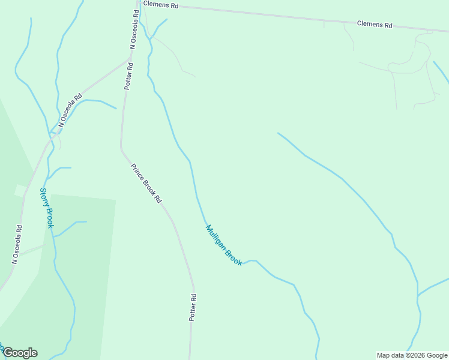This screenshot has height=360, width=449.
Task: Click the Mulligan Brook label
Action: (x=223, y=245)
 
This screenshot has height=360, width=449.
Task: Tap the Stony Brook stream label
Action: (x=47, y=208)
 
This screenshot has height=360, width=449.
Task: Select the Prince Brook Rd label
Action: (x=147, y=182)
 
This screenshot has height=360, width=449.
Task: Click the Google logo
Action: (x=19, y=353)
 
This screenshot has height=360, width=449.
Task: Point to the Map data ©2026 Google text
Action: (x=412, y=355)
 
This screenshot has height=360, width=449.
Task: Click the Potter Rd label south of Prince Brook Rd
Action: (x=193, y=308)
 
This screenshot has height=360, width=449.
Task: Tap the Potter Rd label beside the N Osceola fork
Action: (x=128, y=76)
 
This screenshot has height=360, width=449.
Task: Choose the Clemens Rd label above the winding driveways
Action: (x=375, y=25)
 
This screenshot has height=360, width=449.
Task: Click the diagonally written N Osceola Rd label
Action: (x=70, y=110)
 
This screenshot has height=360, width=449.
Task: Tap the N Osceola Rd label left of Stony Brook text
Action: (x=17, y=245)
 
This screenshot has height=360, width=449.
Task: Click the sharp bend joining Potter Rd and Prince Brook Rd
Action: (x=121, y=146)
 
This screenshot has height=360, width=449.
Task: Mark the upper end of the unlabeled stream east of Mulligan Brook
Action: (x=278, y=133)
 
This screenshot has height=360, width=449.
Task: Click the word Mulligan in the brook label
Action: (x=216, y=236)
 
